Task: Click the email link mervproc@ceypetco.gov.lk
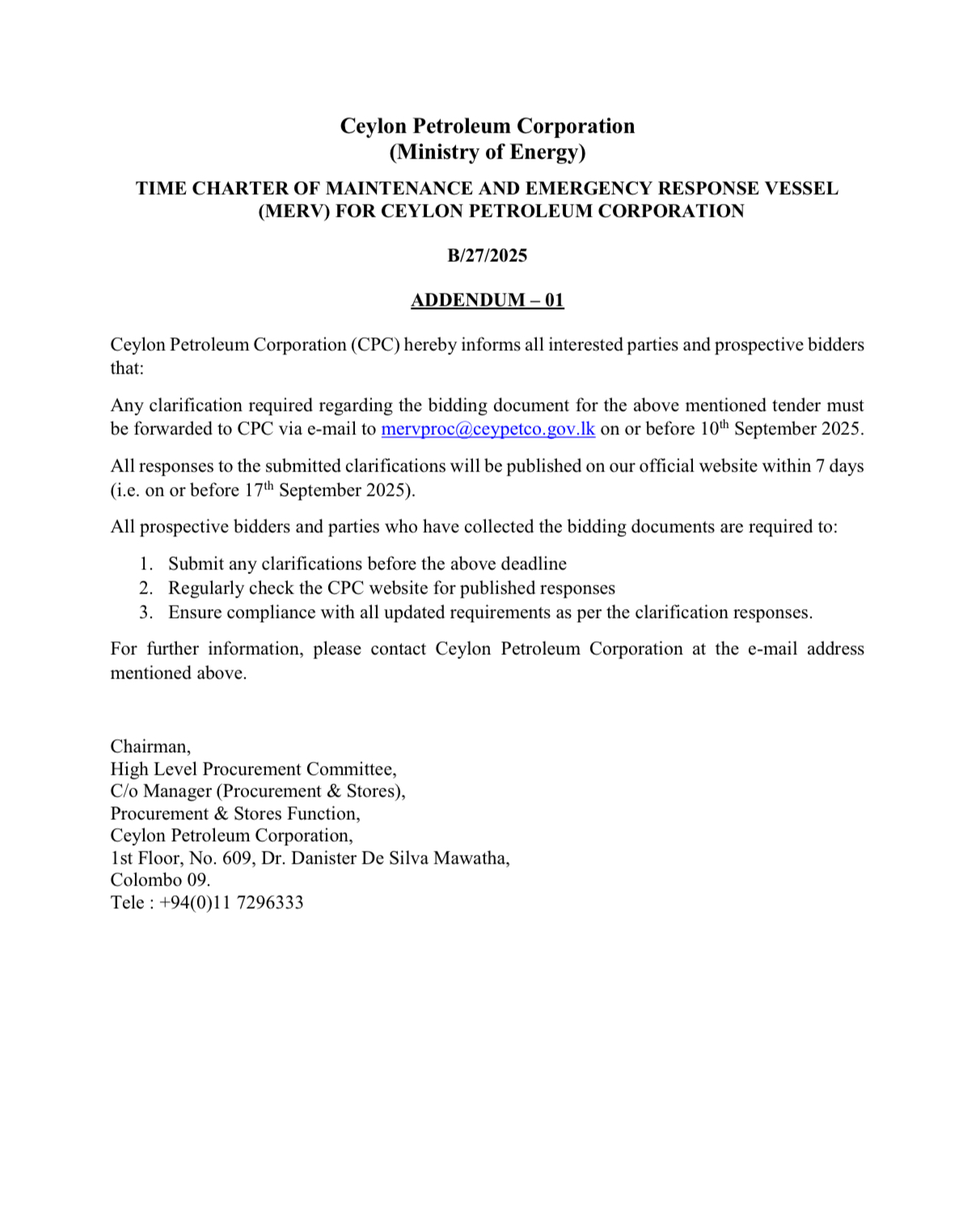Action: tap(488, 429)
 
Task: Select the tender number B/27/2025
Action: tap(487, 256)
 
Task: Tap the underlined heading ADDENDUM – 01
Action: tap(487, 300)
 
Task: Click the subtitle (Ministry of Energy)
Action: tap(487, 152)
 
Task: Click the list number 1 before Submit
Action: tap(146, 564)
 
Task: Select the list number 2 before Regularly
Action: tap(146, 588)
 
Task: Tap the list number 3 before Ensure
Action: tap(146, 612)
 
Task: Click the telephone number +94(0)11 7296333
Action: tap(231, 902)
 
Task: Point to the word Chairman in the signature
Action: tap(150, 746)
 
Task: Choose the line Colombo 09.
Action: tap(160, 880)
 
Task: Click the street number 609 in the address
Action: tap(237, 858)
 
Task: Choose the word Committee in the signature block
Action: tap(350, 769)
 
